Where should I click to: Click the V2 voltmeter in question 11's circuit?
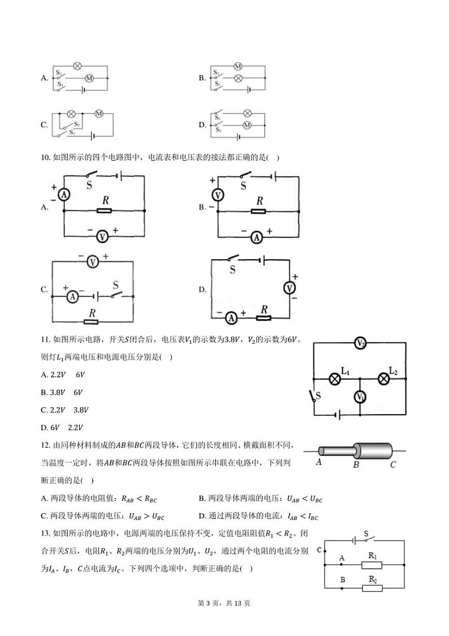[x=360, y=343]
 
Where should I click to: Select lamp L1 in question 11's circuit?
[x=335, y=379]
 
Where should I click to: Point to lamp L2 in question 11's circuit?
[x=384, y=379]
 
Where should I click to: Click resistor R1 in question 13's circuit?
[x=372, y=565]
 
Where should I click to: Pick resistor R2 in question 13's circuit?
[x=372, y=588]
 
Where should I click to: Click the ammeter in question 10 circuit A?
[x=64, y=194]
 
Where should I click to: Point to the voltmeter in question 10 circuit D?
[x=290, y=288]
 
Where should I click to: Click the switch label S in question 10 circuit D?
[x=232, y=270]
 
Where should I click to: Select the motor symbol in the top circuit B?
[x=238, y=67]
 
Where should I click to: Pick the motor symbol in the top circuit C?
[x=98, y=114]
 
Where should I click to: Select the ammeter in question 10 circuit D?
[x=231, y=319]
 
